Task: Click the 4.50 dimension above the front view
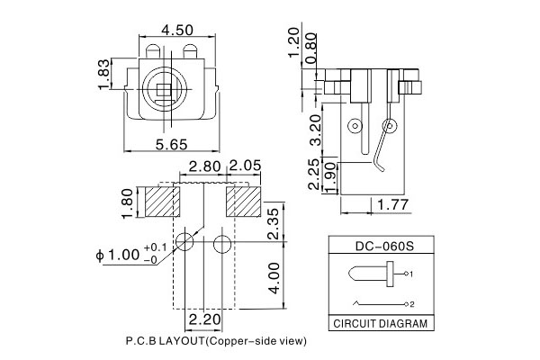[177, 30]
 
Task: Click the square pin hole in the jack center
[165, 88]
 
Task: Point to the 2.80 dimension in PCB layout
[203, 167]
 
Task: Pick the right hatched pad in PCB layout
[243, 201]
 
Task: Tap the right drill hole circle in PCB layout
[222, 242]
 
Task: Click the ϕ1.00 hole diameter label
[117, 255]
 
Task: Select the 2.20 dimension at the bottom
[203, 319]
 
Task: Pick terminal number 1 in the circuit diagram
[411, 273]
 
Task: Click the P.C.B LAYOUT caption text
[217, 342]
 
